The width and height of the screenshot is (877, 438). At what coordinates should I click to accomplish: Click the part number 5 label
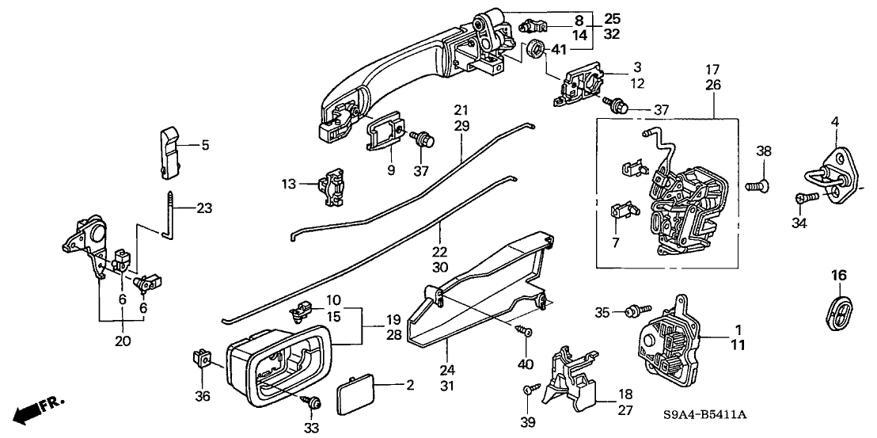(x=206, y=145)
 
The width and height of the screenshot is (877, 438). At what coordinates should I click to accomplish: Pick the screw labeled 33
(x=314, y=404)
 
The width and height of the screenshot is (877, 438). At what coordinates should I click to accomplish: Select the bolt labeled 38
(x=757, y=188)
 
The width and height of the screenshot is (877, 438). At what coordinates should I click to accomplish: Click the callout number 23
(x=204, y=209)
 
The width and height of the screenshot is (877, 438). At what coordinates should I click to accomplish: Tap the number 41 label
(x=560, y=50)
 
